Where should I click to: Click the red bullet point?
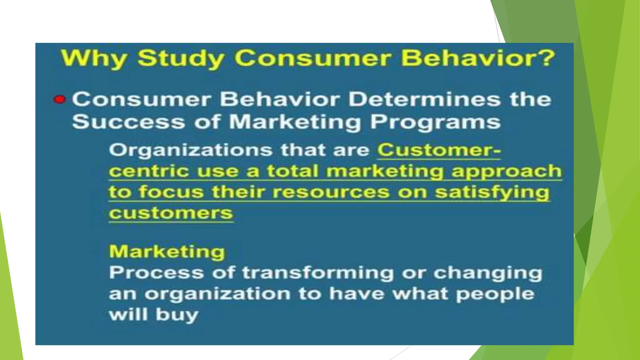click(59, 100)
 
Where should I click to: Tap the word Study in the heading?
click(181, 58)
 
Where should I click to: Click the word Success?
click(128, 122)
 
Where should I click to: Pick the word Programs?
click(435, 122)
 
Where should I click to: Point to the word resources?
click(331, 192)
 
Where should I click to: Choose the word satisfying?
click(492, 192)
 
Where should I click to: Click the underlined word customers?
click(171, 213)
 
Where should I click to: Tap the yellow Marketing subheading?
click(167, 252)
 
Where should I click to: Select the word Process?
click(156, 272)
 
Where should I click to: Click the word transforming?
click(318, 273)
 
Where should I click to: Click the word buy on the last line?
click(177, 315)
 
